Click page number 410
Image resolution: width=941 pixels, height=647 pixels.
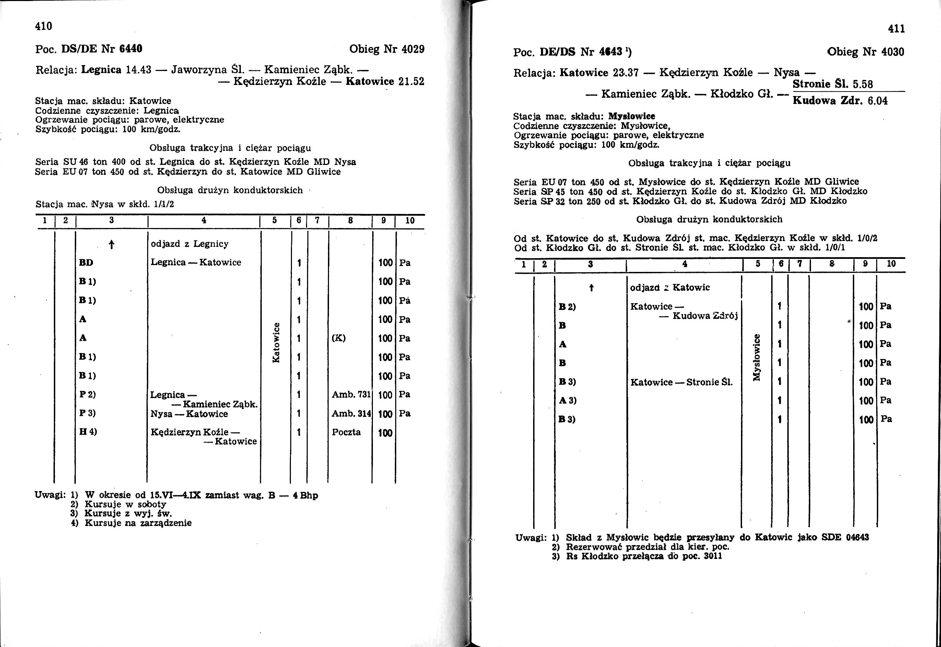pos(44,26)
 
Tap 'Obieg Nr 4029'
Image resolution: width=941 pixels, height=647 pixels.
pos(387,49)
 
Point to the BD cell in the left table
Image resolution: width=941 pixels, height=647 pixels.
pos(86,263)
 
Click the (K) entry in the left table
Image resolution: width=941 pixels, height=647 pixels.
pos(339,338)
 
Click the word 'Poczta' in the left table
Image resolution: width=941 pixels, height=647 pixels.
pos(346,432)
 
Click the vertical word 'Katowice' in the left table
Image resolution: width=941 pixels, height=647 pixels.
pos(276,343)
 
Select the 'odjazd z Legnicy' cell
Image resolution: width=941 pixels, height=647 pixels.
pos(189,244)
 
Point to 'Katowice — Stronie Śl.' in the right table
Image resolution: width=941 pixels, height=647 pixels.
pos(681,382)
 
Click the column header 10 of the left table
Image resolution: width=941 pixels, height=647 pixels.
pos(410,220)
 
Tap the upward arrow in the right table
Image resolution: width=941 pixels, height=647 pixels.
pos(591,288)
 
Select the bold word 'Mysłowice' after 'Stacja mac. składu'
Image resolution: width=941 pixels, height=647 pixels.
pos(632,116)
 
